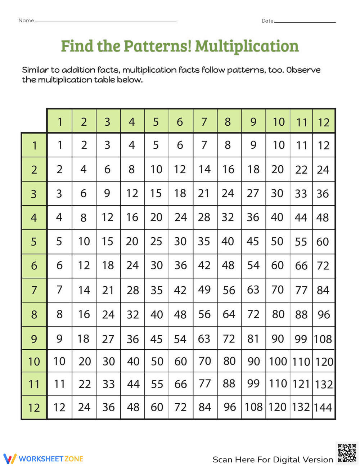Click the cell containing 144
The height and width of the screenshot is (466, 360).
[323, 407]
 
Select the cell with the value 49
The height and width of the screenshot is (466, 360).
[204, 290]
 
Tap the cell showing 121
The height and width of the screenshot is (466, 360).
[301, 384]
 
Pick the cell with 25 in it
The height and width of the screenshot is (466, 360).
[156, 241]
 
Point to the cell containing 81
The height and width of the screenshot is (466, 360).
[253, 339]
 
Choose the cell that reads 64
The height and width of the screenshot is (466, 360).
[229, 314]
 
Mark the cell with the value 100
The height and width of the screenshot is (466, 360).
[278, 361]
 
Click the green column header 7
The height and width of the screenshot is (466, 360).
[204, 122]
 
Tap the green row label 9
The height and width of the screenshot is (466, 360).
[34, 339]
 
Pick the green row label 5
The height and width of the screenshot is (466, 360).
[34, 241]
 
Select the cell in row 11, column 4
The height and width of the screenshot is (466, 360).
[133, 384]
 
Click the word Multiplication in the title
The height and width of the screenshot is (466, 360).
[247, 46]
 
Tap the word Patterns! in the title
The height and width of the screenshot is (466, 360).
[157, 46]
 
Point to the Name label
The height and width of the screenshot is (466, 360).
[26, 21]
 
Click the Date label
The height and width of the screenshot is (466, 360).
[267, 21]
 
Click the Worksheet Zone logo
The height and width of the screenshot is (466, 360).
[43, 459]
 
